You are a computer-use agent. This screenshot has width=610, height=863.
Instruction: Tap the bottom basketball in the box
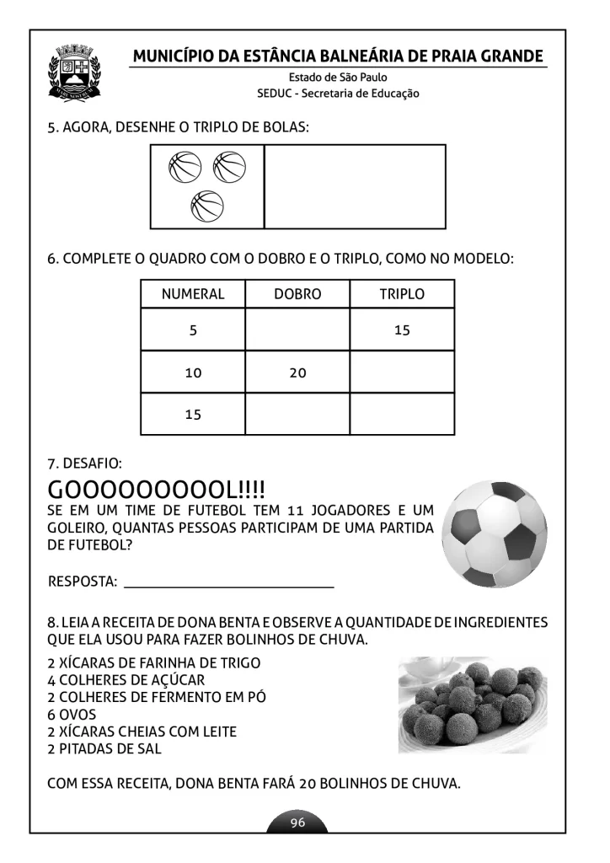coord(207,206)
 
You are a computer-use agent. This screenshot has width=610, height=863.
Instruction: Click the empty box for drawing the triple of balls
coord(355,186)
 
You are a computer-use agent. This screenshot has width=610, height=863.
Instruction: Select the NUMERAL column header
coord(193,294)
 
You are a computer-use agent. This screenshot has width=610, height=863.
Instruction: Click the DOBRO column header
coord(297,294)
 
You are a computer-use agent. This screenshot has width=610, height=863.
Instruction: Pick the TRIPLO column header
coord(402,294)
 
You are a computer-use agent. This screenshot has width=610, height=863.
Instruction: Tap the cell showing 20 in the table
coord(297,373)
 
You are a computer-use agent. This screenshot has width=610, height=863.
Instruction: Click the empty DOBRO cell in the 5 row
coord(297,330)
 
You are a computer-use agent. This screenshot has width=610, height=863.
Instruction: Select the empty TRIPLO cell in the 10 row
coord(402,373)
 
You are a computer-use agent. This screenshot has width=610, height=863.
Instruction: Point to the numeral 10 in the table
coord(193,373)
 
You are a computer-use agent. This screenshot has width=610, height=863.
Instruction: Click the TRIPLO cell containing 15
coord(402,330)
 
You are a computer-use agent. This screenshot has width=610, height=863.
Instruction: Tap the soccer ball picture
coord(495,533)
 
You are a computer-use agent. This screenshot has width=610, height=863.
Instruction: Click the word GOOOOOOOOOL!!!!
coord(157,490)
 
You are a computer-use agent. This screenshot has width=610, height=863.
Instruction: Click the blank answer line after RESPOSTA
coord(228,582)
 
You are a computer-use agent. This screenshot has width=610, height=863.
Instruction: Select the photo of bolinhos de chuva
coord(473,705)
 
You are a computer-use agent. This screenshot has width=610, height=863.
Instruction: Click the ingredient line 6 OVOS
coord(72,715)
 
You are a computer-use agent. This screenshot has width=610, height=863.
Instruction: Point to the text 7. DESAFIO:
coord(85,464)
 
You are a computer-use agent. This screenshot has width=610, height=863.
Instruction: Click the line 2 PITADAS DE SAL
coord(104,748)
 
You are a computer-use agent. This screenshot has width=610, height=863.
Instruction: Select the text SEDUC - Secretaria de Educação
coord(338,94)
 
